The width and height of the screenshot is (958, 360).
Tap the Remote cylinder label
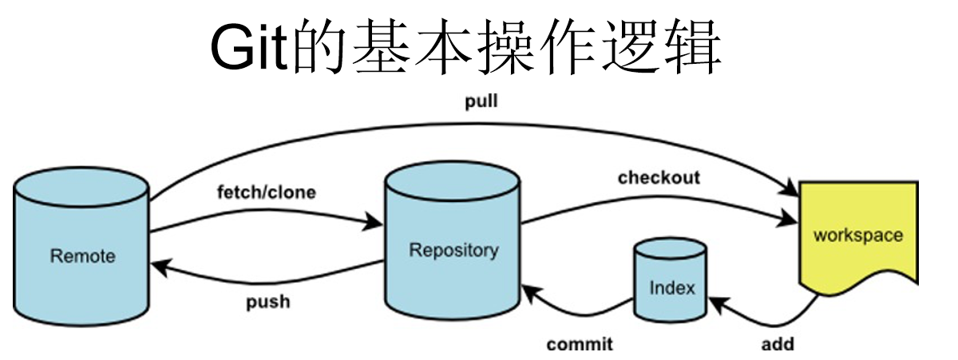coord(82,256)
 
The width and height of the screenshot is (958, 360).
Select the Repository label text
coord(453,250)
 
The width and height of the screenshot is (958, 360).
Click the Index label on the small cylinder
coord(672,287)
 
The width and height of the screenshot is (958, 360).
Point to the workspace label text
coord(857,235)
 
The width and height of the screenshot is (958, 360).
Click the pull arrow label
coord(481,102)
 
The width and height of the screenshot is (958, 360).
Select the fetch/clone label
coord(266,192)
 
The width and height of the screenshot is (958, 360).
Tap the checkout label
coord(659,177)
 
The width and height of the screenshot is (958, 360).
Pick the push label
coord(267,303)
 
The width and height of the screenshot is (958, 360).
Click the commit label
coord(580,345)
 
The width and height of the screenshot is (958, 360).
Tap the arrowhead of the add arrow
coord(715,304)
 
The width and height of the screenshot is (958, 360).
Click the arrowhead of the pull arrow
coord(790,191)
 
